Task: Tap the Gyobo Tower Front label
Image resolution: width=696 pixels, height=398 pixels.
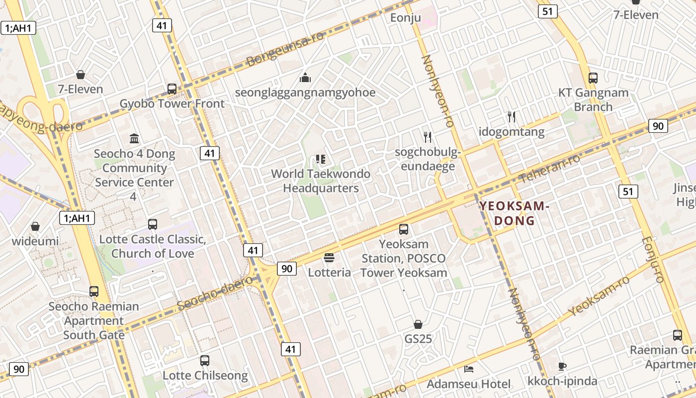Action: point(172,103)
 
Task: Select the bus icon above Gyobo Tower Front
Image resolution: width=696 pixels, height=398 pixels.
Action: point(172,89)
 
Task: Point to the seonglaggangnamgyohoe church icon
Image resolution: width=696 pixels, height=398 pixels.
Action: point(305,78)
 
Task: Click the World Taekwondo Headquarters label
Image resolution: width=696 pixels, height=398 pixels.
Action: point(321,181)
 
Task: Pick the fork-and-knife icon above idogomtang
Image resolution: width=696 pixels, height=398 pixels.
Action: point(512,117)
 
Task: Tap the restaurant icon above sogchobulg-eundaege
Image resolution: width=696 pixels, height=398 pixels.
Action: point(428,137)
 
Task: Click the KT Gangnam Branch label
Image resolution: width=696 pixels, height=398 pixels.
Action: point(593,99)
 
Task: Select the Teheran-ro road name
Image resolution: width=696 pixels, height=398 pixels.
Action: point(549,169)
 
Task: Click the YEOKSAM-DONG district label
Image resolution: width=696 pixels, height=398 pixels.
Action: point(514,213)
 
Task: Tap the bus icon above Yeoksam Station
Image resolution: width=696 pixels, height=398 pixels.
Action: point(404,229)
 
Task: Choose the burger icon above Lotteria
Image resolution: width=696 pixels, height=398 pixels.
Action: point(329,258)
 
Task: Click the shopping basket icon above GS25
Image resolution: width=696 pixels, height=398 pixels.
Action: point(418,324)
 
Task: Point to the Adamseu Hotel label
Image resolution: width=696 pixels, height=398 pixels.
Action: point(468,384)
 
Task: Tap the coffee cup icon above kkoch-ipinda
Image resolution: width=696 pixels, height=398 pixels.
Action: point(562,367)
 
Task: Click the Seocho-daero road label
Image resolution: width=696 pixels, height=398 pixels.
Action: point(215,294)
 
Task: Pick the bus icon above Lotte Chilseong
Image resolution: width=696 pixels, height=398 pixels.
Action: point(205,361)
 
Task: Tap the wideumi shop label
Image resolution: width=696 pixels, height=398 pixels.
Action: point(35,241)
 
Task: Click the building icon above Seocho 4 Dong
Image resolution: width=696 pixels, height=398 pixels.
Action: point(134,138)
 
